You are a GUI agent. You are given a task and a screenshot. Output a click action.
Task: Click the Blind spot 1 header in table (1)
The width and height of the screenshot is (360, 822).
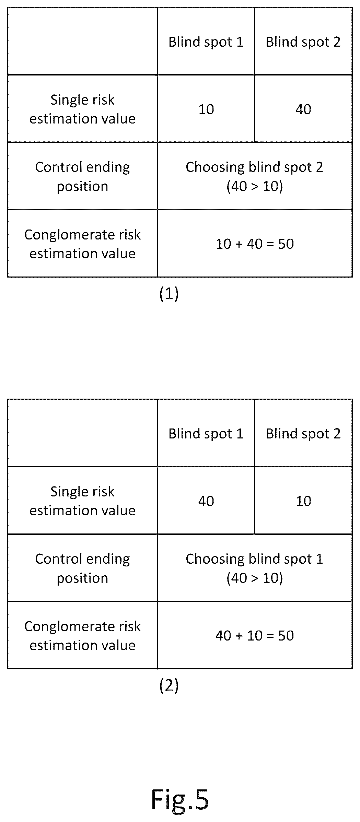coord(206,42)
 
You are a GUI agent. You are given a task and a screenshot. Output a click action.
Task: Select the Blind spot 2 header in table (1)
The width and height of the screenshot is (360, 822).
coord(303,42)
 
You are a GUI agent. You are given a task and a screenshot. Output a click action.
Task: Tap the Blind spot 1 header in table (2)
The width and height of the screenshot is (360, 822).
coord(206,434)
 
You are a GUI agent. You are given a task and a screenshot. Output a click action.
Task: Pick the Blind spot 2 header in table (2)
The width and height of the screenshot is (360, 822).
coord(303,434)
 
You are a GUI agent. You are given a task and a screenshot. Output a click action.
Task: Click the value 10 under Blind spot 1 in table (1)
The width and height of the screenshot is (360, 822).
coord(206,109)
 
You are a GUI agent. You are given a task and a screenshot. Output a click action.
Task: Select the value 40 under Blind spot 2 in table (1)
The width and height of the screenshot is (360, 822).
coord(303,109)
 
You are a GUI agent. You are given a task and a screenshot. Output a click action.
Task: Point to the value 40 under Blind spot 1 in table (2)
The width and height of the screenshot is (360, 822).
coord(206,501)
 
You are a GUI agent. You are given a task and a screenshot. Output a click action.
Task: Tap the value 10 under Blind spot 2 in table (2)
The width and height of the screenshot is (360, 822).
coord(304,501)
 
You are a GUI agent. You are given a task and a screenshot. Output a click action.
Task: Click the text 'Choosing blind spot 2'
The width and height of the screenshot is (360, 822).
coord(255,167)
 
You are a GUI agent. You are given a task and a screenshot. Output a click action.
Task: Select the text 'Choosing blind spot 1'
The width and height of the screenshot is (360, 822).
coord(255,559)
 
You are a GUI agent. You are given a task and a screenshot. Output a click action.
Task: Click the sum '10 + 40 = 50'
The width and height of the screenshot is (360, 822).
coord(255,244)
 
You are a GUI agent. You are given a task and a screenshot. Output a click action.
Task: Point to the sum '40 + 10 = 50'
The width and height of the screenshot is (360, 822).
coord(255,636)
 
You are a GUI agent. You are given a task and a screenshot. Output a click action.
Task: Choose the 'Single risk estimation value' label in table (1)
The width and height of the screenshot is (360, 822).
coord(82,109)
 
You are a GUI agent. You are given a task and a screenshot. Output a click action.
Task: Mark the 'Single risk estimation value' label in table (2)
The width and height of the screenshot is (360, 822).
coord(82,501)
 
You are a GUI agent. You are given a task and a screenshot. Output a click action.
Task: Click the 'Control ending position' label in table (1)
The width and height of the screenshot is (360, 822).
coord(82,177)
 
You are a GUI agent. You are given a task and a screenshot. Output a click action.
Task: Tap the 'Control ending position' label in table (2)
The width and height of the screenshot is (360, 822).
coord(82,568)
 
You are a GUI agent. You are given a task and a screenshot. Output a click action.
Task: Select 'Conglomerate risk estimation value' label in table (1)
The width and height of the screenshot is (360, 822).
coord(82,244)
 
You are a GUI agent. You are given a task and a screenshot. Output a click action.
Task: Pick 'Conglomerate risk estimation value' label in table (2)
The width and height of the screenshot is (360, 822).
coord(82,636)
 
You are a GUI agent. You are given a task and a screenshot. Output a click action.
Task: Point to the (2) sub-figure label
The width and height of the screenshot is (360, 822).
coord(169,685)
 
